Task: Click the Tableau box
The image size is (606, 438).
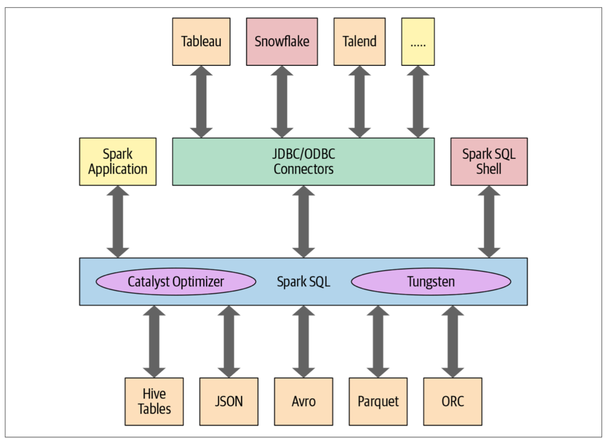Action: (x=201, y=41)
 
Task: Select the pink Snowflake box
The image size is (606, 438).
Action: (x=282, y=41)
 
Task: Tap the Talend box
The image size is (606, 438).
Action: (x=359, y=41)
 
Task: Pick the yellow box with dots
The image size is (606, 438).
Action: (x=417, y=41)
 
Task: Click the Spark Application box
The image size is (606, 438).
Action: (x=118, y=161)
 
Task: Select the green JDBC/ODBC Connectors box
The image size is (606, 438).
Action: (x=303, y=161)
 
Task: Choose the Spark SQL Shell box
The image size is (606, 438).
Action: (x=489, y=161)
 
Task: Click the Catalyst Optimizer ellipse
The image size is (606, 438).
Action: (x=176, y=281)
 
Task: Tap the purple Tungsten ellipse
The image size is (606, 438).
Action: (x=431, y=281)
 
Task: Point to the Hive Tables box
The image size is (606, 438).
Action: (x=154, y=401)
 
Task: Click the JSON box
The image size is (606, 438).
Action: (x=229, y=401)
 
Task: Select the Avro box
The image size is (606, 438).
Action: (x=303, y=401)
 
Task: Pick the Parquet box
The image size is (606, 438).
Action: (x=378, y=401)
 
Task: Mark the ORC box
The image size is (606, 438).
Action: (x=452, y=401)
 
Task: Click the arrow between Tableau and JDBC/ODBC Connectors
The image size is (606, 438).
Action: (x=201, y=102)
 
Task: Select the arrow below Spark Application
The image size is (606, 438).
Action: (x=118, y=221)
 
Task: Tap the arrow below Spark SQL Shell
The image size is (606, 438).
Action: (x=489, y=221)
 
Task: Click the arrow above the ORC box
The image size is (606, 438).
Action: (x=452, y=341)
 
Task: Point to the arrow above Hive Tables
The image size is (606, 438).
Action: (x=154, y=341)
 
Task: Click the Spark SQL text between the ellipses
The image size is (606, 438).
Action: (x=303, y=281)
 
